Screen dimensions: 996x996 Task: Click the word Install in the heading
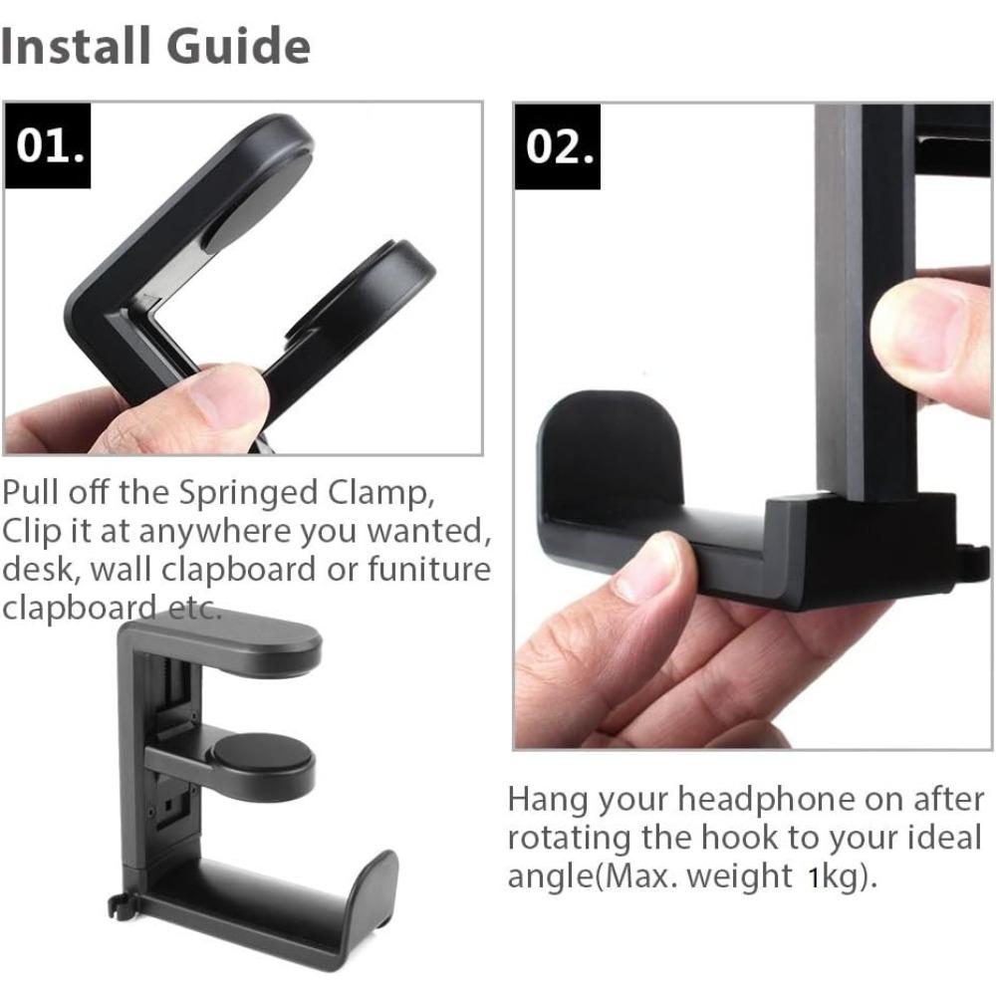pyautogui.click(x=76, y=46)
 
